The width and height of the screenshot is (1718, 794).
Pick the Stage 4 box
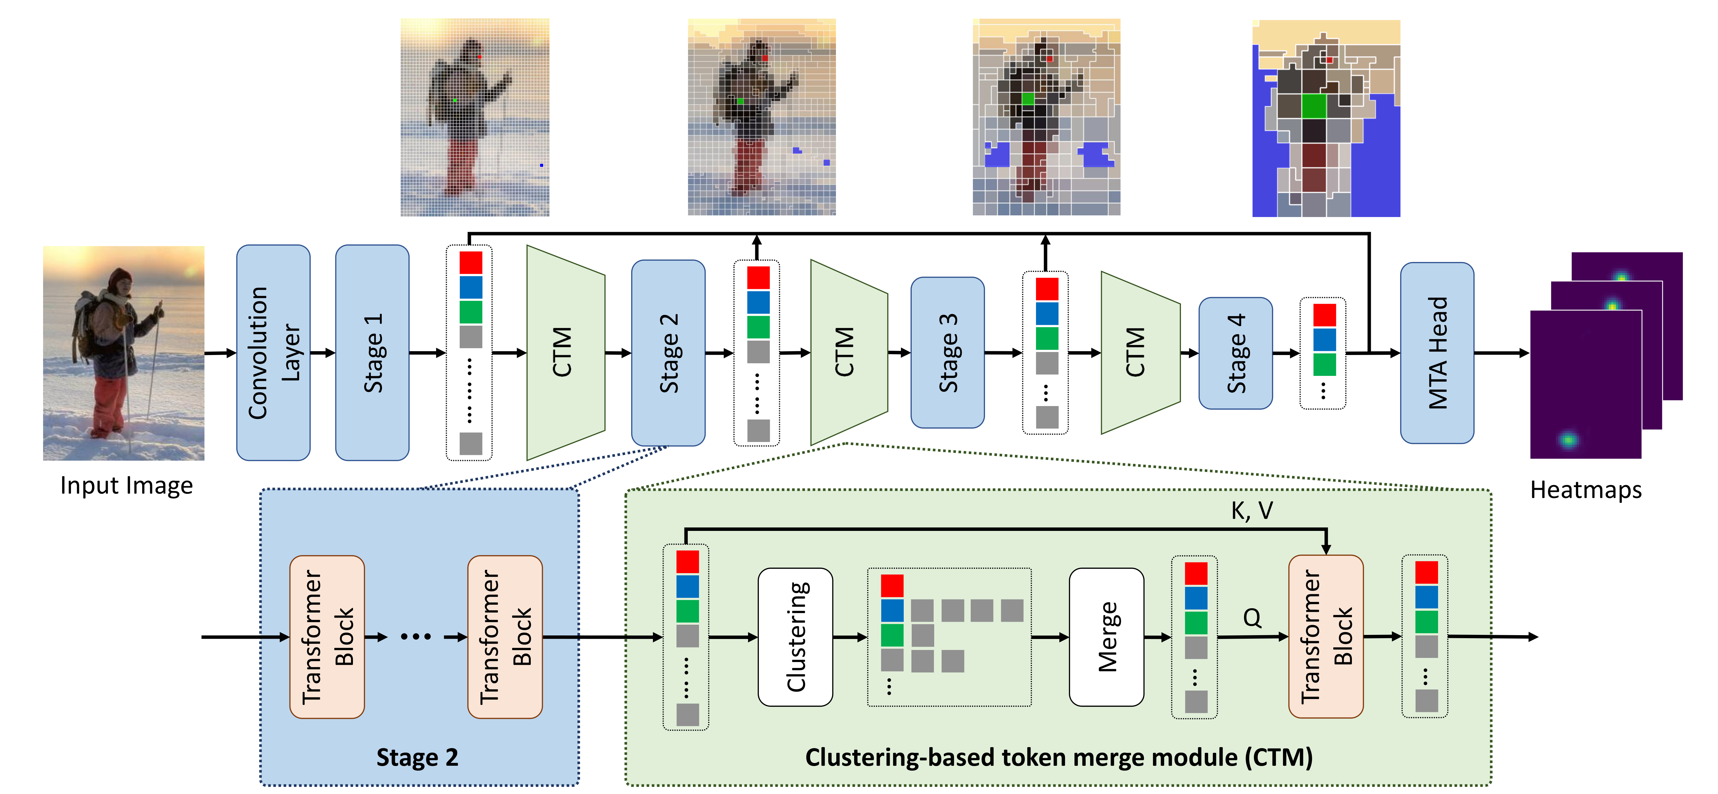(x=1235, y=353)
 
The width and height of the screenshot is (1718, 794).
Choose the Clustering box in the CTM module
(x=795, y=637)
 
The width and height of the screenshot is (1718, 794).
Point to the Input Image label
(x=126, y=485)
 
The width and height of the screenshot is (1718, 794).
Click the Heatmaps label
(x=1585, y=490)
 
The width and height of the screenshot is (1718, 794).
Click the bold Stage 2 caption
(x=417, y=757)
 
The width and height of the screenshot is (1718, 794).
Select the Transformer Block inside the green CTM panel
(x=1325, y=637)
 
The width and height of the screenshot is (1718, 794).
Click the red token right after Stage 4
(x=1324, y=315)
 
